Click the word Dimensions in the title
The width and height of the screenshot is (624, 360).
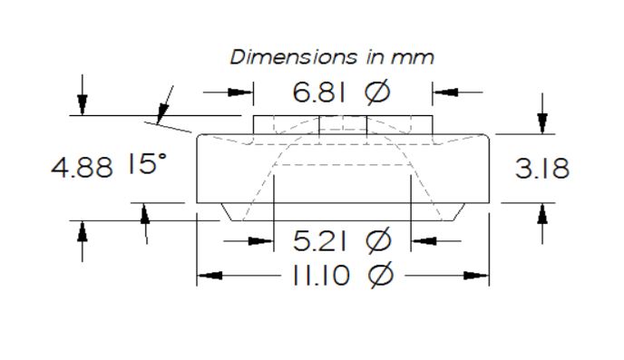click(293, 57)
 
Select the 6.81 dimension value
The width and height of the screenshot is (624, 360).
click(319, 92)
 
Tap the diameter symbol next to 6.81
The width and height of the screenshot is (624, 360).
click(377, 92)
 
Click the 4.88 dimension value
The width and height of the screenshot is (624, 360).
click(82, 167)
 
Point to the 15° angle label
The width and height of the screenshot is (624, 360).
click(147, 163)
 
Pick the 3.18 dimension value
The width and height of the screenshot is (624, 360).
click(542, 169)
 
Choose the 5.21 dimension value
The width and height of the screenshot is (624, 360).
click(319, 240)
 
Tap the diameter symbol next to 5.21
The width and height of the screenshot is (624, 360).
click(378, 240)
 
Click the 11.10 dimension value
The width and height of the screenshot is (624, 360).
click(321, 275)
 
